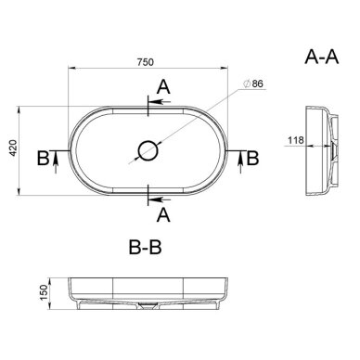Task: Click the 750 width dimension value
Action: pyautogui.click(x=145, y=62)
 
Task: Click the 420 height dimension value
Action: pyautogui.click(x=13, y=148)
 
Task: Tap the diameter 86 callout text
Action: pyautogui.click(x=253, y=84)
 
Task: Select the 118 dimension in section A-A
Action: pyautogui.click(x=296, y=140)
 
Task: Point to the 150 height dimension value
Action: pyautogui.click(x=44, y=292)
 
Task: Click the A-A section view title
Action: pyautogui.click(x=322, y=57)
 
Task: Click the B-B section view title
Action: pyautogui.click(x=145, y=247)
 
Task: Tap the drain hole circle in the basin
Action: pyautogui.click(x=148, y=150)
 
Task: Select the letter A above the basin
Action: pyautogui.click(x=163, y=87)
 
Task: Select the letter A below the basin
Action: pyautogui.click(x=163, y=215)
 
